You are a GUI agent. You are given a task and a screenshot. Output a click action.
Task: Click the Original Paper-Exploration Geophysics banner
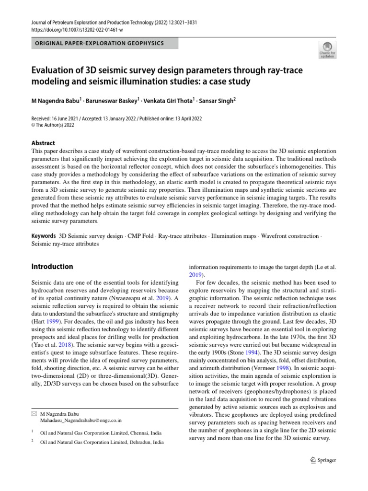99,43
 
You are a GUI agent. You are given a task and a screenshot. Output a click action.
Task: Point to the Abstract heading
43,143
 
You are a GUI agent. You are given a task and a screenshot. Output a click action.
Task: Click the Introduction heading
52,267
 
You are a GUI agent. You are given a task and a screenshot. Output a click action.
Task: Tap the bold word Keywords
43,236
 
